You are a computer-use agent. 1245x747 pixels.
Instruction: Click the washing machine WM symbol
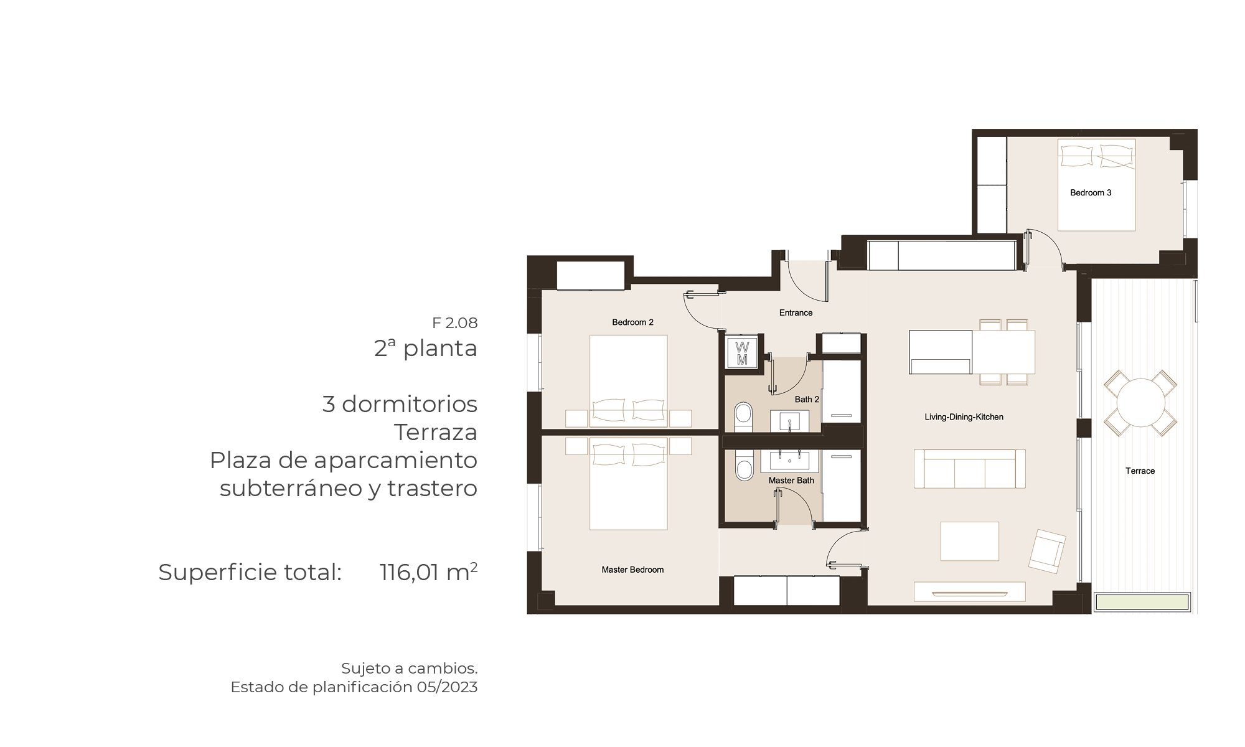[742, 353]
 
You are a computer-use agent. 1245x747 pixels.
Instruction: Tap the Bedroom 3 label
[1091, 193]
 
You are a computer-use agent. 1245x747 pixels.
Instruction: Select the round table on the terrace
[1140, 403]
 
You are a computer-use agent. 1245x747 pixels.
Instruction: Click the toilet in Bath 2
[743, 416]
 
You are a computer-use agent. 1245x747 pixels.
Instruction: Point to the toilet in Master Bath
[744, 466]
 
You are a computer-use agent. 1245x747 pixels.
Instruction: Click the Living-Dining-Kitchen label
[964, 417]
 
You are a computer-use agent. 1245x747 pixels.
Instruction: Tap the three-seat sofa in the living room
[969, 469]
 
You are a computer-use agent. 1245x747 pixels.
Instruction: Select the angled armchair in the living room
[1047, 551]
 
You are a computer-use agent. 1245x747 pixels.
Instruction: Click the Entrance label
[796, 313]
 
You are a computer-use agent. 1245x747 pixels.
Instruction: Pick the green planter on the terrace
[1142, 602]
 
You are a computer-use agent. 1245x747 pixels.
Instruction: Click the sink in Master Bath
[789, 461]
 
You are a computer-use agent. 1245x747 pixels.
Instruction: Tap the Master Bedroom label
[632, 570]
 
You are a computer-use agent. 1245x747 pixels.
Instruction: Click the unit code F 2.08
[455, 323]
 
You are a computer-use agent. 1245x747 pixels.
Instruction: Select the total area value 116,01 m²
[428, 572]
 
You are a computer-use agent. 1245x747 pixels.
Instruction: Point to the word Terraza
[436, 432]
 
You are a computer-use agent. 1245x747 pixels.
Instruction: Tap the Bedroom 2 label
[632, 322]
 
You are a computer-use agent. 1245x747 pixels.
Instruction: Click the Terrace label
[1140, 471]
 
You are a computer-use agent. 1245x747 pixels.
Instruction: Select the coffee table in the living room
[969, 542]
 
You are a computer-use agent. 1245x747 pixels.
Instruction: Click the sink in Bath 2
[789, 421]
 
